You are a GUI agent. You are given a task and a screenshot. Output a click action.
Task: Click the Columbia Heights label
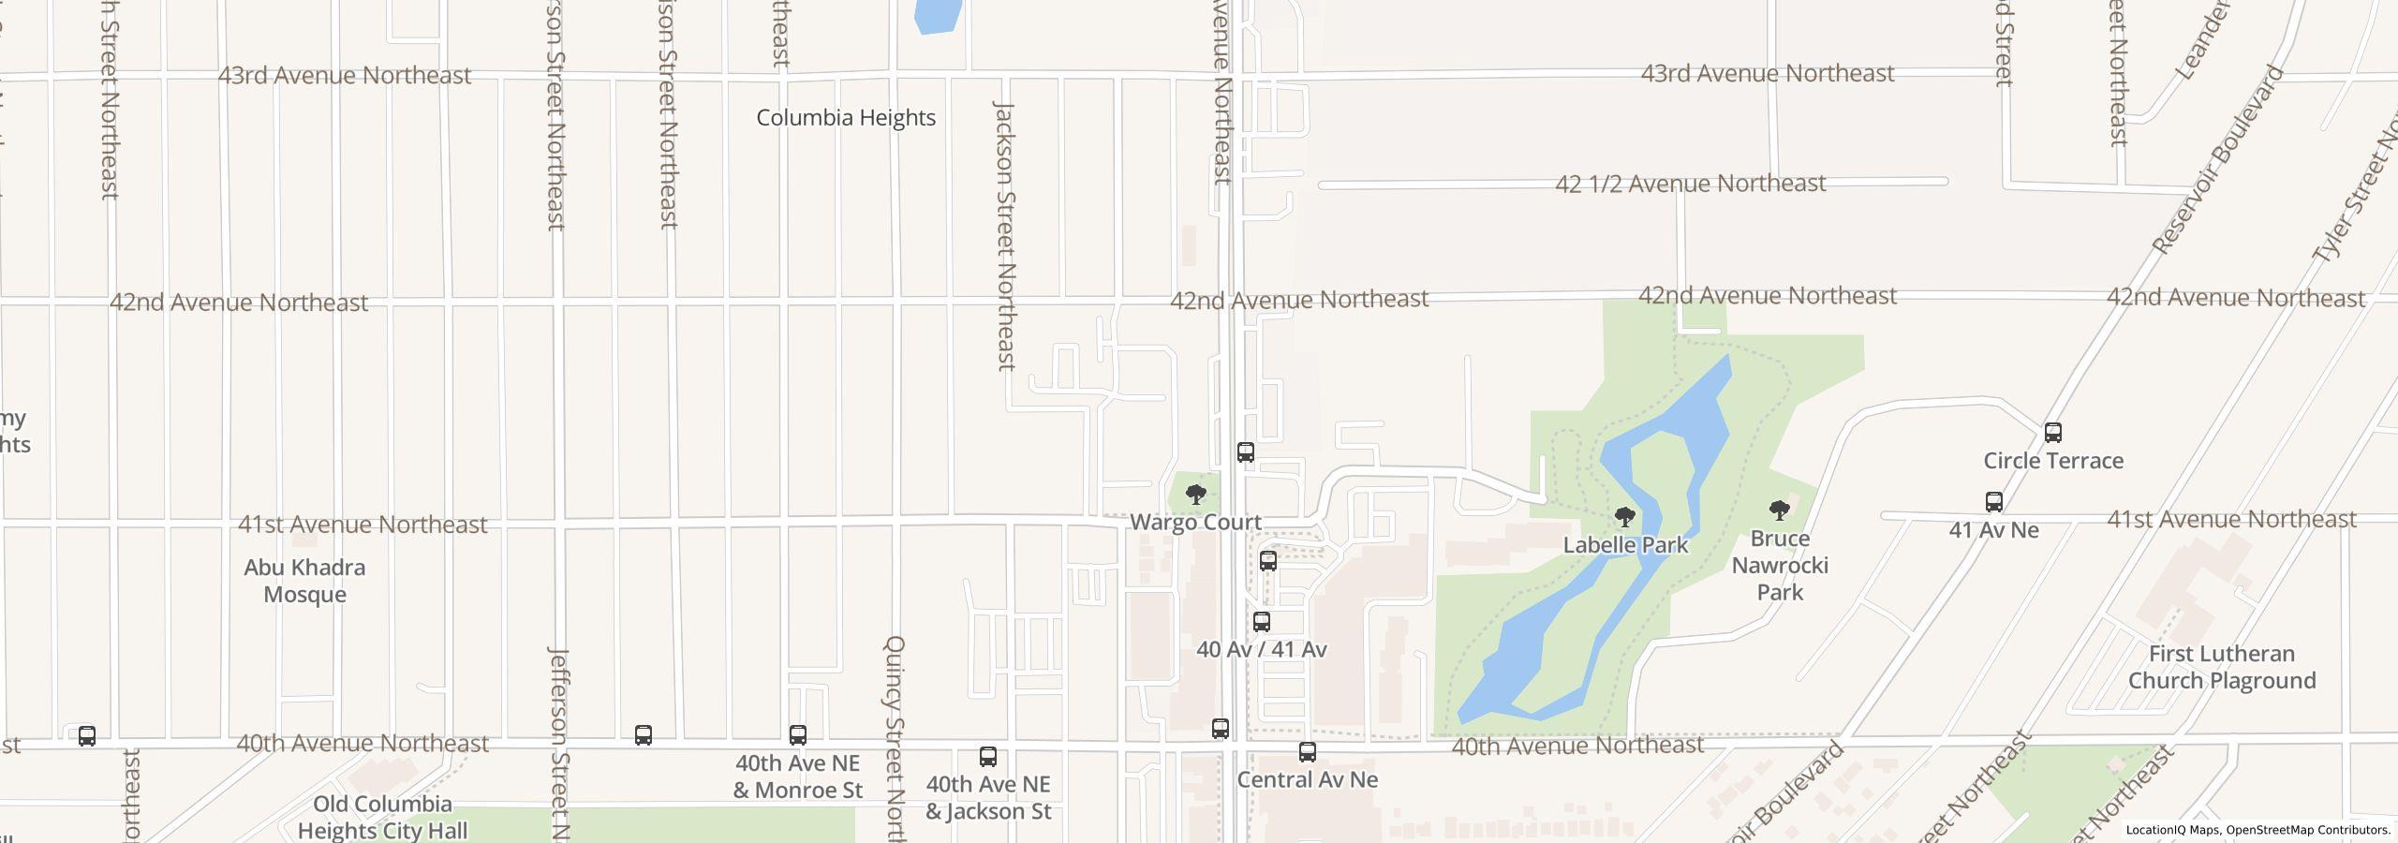pyautogui.click(x=846, y=118)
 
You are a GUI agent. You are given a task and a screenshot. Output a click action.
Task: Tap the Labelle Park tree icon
pyautogui.click(x=1625, y=516)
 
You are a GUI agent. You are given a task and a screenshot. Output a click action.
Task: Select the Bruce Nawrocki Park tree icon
pyautogui.click(x=1779, y=510)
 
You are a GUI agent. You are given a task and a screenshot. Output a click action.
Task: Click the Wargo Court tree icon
pyautogui.click(x=1195, y=494)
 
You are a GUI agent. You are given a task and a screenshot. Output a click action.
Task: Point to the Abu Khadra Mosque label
pyautogui.click(x=304, y=581)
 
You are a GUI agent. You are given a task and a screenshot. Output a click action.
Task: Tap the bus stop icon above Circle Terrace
pyautogui.click(x=2053, y=433)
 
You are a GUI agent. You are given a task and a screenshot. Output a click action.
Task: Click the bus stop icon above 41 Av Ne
pyautogui.click(x=1994, y=502)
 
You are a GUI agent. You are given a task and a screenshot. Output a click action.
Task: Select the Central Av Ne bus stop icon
pyautogui.click(x=1308, y=752)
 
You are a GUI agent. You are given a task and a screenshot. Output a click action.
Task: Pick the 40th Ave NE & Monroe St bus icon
pyautogui.click(x=798, y=735)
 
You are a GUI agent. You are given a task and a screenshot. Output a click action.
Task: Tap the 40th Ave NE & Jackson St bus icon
pyautogui.click(x=988, y=757)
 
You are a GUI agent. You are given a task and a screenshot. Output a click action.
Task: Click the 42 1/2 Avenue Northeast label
pyautogui.click(x=1690, y=184)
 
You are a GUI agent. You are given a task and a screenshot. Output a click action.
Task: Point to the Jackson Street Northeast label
pyautogui.click(x=1005, y=236)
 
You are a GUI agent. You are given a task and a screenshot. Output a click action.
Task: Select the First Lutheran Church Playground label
pyautogui.click(x=2221, y=667)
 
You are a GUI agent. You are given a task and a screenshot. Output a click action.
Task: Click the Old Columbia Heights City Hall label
pyautogui.click(x=383, y=817)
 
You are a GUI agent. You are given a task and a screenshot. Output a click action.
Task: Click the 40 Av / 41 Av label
pyautogui.click(x=1262, y=649)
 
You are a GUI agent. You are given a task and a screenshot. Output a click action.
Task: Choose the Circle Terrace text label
pyautogui.click(x=2053, y=461)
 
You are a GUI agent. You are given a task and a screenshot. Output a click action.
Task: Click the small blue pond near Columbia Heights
pyautogui.click(x=937, y=15)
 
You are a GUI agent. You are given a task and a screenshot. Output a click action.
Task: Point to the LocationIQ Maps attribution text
pyautogui.click(x=2257, y=830)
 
